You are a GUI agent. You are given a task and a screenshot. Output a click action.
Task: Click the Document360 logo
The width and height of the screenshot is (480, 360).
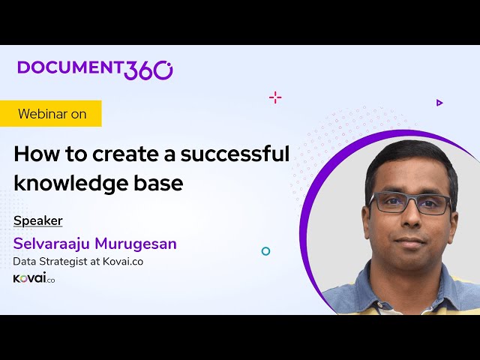[95, 68]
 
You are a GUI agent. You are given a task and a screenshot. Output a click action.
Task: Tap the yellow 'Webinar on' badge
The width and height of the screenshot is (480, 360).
[52, 114]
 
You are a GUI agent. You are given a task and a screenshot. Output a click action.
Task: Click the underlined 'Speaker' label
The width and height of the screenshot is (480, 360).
[38, 220]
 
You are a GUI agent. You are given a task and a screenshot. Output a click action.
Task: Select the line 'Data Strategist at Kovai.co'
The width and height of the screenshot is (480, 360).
[78, 262]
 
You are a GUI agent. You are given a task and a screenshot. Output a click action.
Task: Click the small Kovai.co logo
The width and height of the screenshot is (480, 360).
[34, 278]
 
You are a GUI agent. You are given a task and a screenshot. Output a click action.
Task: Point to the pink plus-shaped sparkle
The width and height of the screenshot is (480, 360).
[275, 97]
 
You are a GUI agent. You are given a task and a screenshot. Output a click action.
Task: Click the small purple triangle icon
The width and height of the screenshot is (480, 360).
[439, 103]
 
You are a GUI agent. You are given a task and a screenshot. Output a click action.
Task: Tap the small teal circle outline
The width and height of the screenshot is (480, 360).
[265, 251]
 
